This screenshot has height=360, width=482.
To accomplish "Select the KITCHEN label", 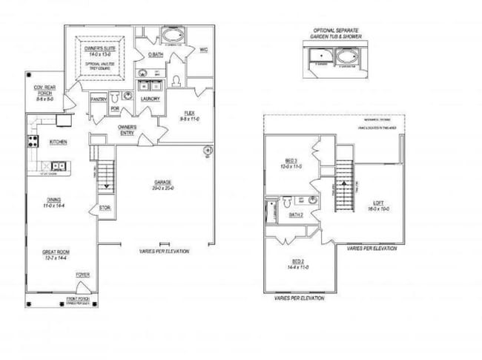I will click(59, 141).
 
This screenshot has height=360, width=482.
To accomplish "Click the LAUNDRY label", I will click(151, 99).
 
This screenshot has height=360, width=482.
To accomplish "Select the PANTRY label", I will click(99, 99).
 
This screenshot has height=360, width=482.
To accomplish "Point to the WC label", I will click(203, 50).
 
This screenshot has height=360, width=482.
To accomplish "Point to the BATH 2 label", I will click(296, 215).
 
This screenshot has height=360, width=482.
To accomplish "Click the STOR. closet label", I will click(105, 208).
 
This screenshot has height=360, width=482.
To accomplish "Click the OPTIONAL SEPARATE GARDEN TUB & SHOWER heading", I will click(335, 34).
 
